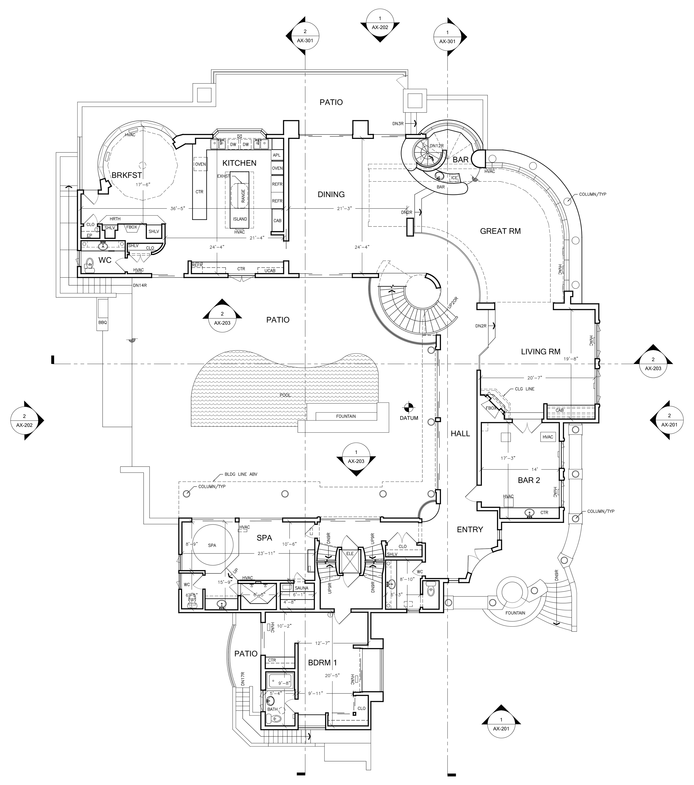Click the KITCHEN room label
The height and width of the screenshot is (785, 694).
click(239, 163)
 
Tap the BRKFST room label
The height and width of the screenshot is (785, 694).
click(127, 175)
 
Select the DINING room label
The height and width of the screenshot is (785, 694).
click(331, 194)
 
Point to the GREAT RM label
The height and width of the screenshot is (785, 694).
click(500, 231)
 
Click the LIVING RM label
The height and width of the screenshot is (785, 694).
click(541, 352)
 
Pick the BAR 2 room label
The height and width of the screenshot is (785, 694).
click(529, 480)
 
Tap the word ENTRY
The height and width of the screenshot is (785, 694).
click(470, 529)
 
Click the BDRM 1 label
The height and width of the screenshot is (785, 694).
click(322, 662)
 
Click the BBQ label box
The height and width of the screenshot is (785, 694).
click(102, 323)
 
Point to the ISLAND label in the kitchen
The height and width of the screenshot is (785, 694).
click(240, 219)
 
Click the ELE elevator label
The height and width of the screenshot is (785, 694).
click(350, 553)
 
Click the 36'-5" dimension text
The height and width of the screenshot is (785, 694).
click(178, 208)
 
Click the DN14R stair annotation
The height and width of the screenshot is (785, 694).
click(140, 285)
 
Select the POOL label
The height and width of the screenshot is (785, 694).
click(285, 395)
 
